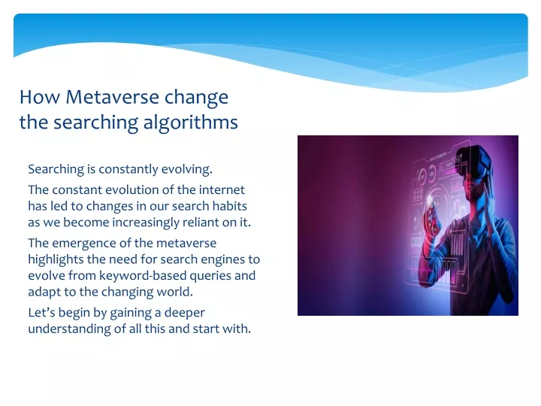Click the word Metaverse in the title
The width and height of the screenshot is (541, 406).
(x=113, y=97)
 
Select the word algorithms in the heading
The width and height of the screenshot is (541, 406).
(x=190, y=123)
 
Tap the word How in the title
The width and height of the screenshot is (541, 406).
(x=40, y=97)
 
